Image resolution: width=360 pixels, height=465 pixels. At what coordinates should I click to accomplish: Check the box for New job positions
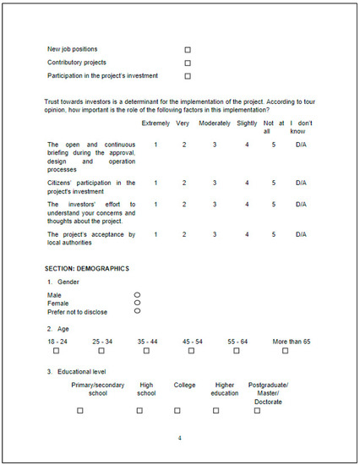pos(188,49)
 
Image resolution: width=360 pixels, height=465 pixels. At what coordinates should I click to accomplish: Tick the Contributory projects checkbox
pos(188,63)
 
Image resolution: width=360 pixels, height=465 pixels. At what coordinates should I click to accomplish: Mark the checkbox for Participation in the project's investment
pos(188,76)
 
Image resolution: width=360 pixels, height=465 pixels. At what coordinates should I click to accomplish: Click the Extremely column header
pos(155,123)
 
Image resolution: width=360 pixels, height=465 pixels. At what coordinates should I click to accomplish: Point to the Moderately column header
pos(215,123)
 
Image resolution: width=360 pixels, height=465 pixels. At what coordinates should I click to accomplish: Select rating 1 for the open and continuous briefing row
pos(155,145)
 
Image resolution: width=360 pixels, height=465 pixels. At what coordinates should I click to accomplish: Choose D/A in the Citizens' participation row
pos(300,183)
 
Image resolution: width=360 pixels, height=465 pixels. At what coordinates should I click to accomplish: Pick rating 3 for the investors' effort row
pos(215,204)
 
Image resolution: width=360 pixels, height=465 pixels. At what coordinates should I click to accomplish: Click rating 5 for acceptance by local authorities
pos(274,234)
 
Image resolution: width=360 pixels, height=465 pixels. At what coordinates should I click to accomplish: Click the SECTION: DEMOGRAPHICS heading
pos(87,268)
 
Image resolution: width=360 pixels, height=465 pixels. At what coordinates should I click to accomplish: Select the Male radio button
pos(137,294)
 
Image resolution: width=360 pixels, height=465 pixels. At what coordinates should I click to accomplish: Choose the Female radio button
pos(137,303)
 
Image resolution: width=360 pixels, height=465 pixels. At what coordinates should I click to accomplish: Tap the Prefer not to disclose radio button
pos(137,310)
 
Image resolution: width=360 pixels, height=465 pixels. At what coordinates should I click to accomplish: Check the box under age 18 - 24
pos(57,350)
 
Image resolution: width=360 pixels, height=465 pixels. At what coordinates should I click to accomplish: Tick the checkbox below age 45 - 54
pos(193,350)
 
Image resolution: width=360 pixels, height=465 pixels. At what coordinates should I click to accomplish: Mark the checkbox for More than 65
pos(285,350)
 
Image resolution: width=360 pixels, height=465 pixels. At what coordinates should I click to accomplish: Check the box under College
pos(177,411)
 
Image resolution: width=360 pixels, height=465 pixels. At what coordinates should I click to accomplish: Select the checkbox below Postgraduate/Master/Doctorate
pos(257,411)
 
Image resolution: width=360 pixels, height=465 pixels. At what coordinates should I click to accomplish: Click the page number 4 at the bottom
pos(179,438)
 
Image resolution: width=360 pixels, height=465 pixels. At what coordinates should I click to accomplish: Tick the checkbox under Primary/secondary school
pos(80,411)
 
